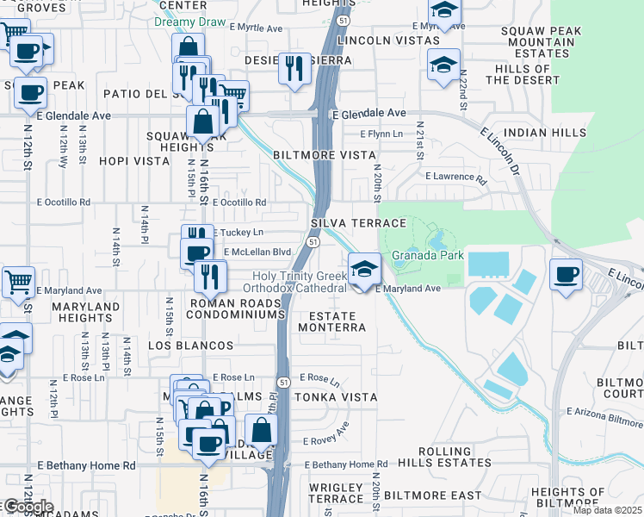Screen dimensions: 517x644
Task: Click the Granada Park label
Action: click(428, 255)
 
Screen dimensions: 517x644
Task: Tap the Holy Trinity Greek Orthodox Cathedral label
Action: click(295, 281)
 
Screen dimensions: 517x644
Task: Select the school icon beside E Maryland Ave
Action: click(364, 269)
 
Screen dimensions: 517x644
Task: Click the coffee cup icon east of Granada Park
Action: click(566, 275)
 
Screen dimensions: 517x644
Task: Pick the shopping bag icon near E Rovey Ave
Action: click(261, 430)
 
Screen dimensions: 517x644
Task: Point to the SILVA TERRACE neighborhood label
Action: click(357, 222)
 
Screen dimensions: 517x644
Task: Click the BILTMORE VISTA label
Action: click(325, 155)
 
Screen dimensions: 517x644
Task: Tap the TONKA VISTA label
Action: click(335, 396)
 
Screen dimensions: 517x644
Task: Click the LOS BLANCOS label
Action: click(190, 346)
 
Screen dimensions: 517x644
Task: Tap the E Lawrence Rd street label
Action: click(455, 177)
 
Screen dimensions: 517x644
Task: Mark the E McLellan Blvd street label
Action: click(257, 252)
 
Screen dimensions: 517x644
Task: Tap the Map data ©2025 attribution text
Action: click(607, 510)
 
